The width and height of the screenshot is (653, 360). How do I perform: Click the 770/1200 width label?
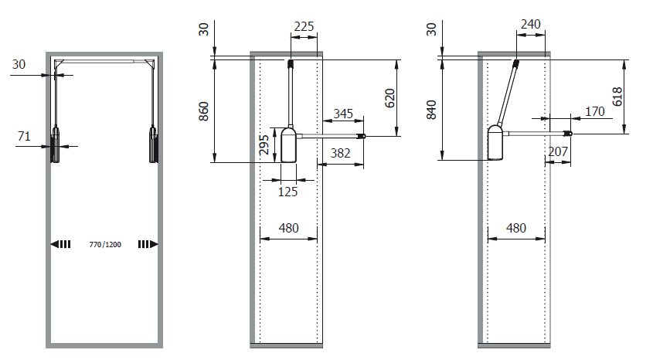click(105, 244)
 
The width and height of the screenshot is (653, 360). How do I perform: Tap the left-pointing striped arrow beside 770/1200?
click(61, 244)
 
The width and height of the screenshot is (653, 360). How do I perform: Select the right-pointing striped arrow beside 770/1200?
click(148, 244)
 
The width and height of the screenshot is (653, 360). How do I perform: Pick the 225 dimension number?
click(304, 25)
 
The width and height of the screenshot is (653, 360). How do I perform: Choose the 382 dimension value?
click(339, 153)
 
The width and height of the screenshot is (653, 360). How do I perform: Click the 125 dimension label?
click(287, 192)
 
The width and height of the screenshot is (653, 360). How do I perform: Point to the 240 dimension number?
click(530, 24)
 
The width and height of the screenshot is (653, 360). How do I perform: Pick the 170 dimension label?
click(594, 111)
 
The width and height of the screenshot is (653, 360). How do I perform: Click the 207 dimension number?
click(557, 153)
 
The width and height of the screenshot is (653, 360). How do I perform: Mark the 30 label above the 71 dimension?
click(19, 65)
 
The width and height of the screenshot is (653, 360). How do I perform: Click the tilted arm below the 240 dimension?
click(506, 93)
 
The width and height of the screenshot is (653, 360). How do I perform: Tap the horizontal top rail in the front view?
click(105, 60)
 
